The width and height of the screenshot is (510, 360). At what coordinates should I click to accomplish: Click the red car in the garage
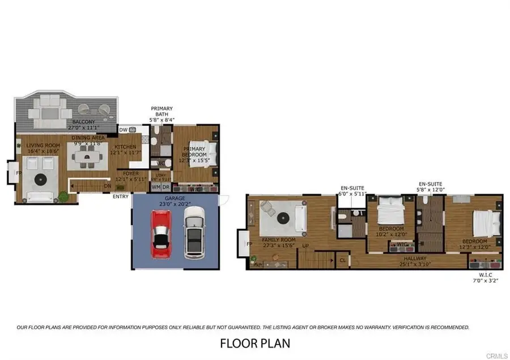click(x=161, y=233)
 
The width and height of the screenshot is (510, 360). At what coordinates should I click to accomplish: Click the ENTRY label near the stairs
click(x=121, y=197)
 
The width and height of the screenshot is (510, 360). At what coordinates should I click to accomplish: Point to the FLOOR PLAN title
click(x=254, y=343)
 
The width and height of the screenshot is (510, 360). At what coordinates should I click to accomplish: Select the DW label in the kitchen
click(x=123, y=130)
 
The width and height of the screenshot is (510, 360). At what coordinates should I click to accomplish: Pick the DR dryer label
click(x=166, y=187)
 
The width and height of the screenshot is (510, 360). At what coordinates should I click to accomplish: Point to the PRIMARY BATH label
click(x=161, y=114)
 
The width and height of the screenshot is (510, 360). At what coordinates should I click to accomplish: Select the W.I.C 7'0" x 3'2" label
click(x=487, y=277)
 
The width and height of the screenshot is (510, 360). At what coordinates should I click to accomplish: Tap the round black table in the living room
click(x=41, y=179)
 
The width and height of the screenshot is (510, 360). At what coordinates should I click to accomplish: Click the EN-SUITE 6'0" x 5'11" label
click(x=353, y=190)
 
